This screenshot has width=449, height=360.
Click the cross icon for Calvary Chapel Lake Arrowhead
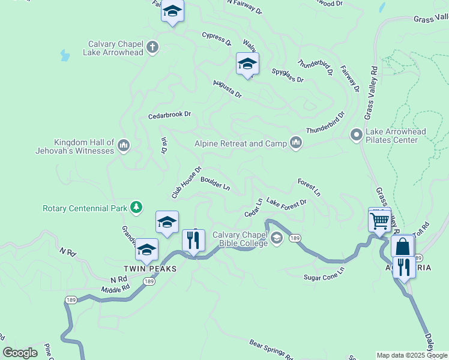click(152, 47)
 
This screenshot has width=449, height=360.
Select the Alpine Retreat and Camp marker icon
click(295, 143)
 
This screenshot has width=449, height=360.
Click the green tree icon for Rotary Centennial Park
click(137, 208)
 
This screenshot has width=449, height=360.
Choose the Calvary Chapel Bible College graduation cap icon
click(276, 238)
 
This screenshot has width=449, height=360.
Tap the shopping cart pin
click(379, 221)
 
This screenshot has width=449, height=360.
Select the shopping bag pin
click(403, 247)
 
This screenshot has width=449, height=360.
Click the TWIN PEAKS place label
click(150, 269)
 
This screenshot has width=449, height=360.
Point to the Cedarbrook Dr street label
click(169, 115)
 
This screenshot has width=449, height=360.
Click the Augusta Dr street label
click(228, 89)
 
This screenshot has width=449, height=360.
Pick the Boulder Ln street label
click(215, 183)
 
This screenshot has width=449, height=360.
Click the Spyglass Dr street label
click(288, 75)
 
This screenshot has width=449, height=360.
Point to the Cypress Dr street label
click(217, 39)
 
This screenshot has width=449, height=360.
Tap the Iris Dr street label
click(164, 146)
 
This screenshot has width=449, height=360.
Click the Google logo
click(20, 353)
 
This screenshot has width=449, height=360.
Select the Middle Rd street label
click(115, 289)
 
